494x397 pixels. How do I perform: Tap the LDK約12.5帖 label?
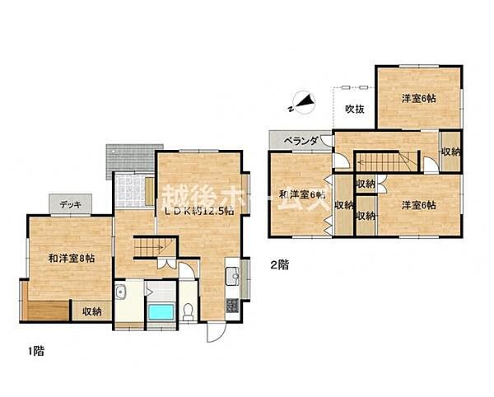[197, 210]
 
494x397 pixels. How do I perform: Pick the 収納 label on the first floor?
[92, 311]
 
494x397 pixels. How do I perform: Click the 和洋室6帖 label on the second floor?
[301, 195]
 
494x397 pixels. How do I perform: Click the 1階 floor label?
[35, 351]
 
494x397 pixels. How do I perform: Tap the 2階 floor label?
[279, 264]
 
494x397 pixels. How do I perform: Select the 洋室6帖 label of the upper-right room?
[419, 99]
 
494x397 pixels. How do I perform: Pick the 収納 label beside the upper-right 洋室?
[450, 152]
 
